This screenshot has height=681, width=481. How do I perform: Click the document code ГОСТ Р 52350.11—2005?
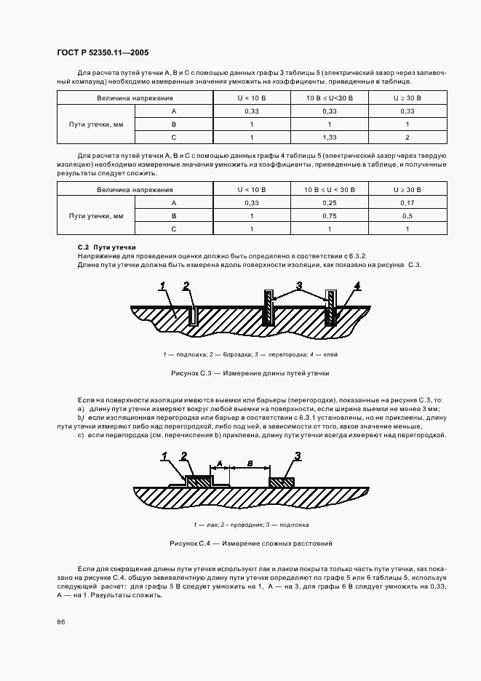[103, 53]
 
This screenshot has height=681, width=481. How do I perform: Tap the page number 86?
[60, 621]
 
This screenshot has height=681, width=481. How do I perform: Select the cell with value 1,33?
[329, 138]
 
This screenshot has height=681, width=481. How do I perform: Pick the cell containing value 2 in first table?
[407, 138]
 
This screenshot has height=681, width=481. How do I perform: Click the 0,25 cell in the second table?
[329, 203]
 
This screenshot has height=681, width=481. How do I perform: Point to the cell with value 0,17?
[407, 203]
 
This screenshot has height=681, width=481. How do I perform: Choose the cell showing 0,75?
[329, 216]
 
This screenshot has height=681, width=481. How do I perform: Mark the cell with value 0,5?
[407, 216]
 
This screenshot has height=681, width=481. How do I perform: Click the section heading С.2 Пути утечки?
[106, 248]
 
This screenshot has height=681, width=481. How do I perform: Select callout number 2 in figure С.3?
[186, 284]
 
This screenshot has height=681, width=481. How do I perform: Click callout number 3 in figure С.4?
[298, 456]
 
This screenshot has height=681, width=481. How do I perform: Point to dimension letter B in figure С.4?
[250, 462]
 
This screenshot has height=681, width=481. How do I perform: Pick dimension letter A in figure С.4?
[220, 462]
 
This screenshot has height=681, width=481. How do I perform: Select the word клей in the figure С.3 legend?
[330, 354]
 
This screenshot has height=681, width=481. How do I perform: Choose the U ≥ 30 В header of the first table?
[407, 97]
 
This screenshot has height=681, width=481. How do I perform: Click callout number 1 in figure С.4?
[165, 456]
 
